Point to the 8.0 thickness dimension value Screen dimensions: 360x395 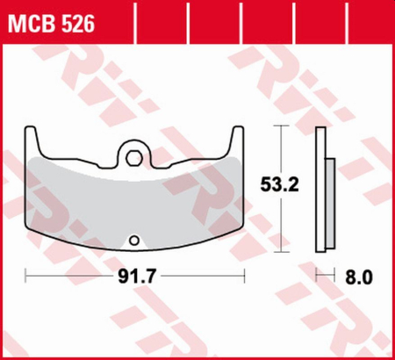pyautogui.click(x=362, y=277)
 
